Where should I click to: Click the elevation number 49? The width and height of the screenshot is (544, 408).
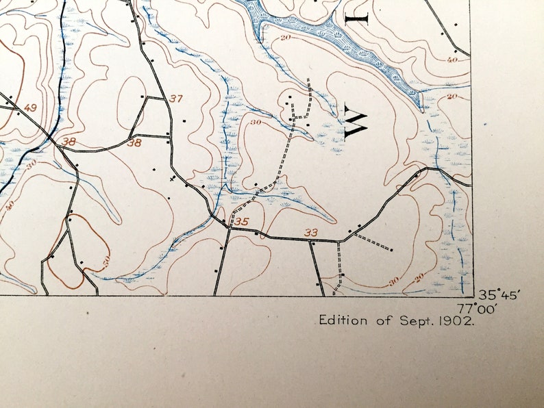[x=29, y=108]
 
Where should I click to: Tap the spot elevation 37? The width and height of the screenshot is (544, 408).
[x=176, y=99]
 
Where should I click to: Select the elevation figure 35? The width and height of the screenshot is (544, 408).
[x=241, y=222]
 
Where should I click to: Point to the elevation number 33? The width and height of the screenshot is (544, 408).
[x=311, y=233]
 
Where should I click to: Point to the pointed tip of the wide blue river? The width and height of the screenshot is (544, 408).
[x=420, y=108]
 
